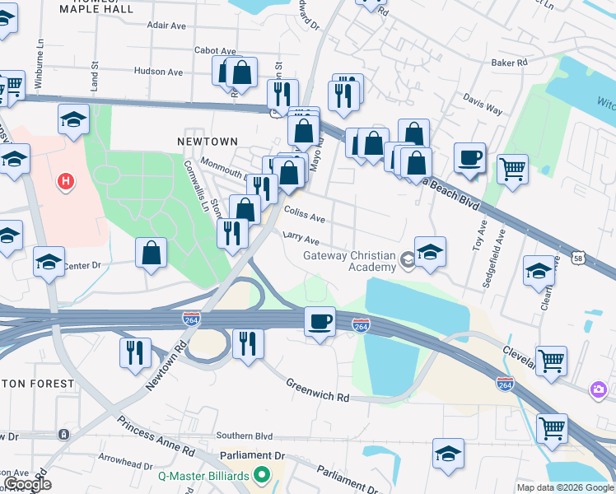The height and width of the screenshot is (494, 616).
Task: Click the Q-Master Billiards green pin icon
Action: click(262, 474)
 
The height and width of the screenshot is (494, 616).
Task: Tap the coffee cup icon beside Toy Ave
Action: click(469, 157)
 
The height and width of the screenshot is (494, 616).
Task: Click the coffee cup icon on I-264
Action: click(320, 321)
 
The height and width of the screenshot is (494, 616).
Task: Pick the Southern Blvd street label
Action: click(244, 436)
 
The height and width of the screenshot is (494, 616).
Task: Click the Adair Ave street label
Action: click(166, 26)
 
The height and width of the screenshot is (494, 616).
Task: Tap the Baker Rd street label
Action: click(509, 63)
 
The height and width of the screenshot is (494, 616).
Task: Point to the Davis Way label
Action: click(483, 108)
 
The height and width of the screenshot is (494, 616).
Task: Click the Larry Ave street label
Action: click(301, 240)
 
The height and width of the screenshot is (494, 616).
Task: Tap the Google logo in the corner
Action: click(27, 484)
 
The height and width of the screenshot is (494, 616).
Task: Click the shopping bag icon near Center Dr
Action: click(152, 254)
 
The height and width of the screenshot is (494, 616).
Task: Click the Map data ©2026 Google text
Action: click(564, 487)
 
